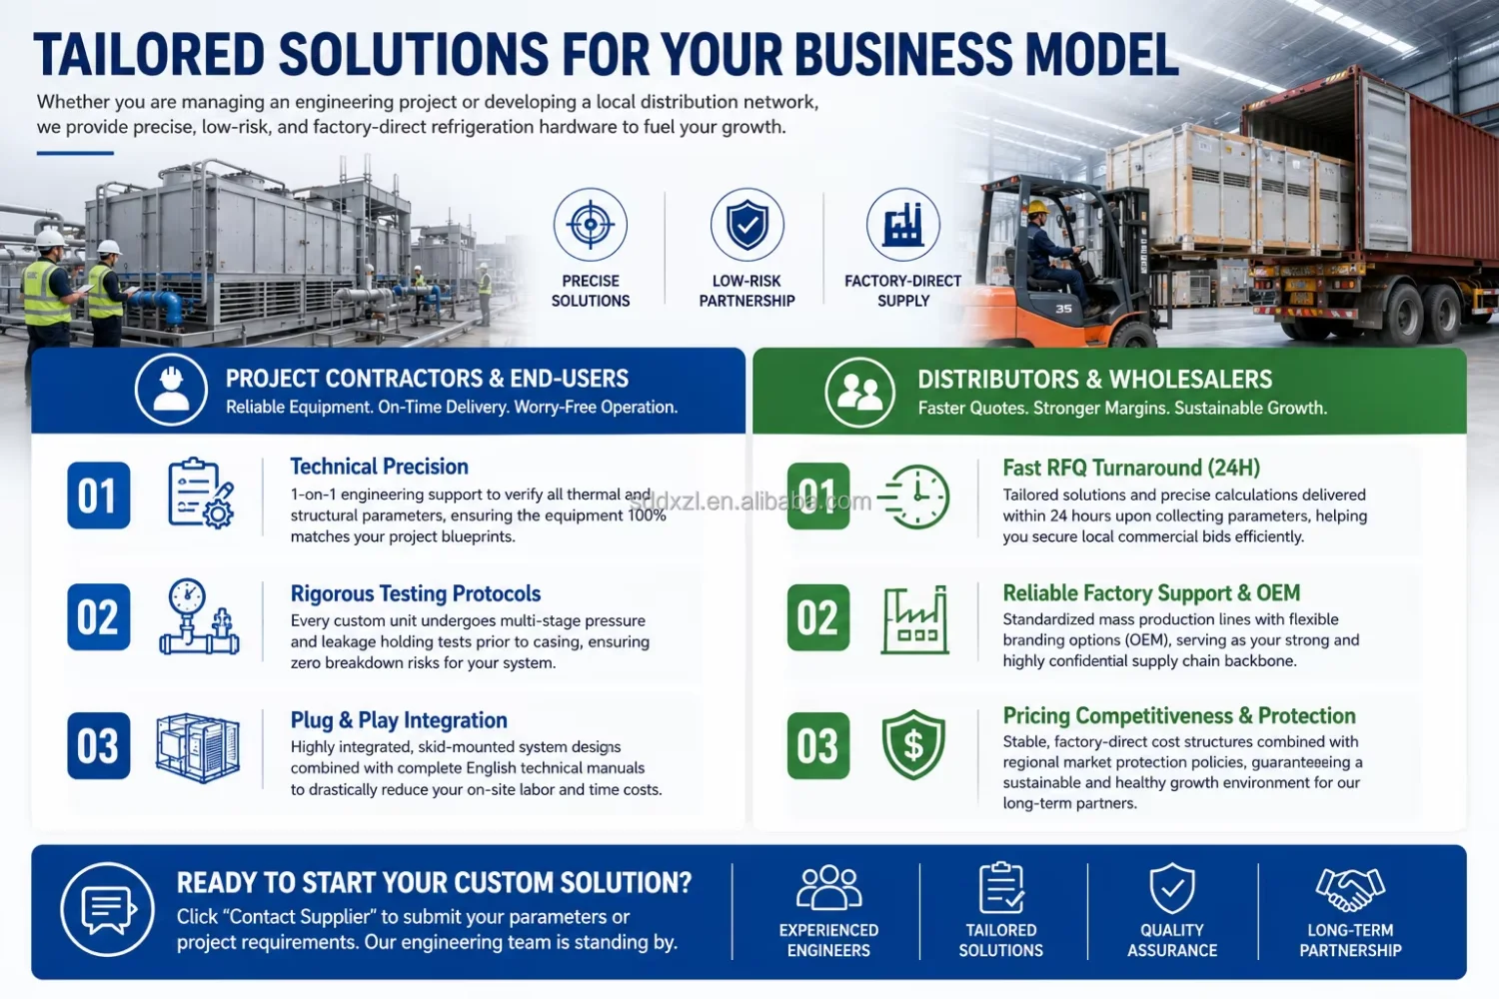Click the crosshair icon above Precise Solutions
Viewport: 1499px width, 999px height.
click(591, 224)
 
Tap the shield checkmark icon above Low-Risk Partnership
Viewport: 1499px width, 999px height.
click(747, 224)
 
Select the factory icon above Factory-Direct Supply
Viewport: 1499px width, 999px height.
click(902, 224)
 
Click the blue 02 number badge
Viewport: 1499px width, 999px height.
click(98, 617)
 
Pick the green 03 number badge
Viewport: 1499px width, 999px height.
click(817, 745)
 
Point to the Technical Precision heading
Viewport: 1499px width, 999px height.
click(379, 467)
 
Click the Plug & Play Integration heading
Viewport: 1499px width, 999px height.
click(399, 720)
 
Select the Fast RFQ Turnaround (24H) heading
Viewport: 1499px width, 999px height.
click(1131, 468)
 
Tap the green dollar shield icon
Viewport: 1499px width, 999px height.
click(913, 745)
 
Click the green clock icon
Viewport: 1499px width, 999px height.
click(914, 497)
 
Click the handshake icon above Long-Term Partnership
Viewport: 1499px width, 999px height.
click(1350, 888)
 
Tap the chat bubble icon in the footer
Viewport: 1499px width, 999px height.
click(108, 910)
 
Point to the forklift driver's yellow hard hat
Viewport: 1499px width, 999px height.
click(1038, 207)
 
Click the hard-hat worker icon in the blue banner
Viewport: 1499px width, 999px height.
click(171, 389)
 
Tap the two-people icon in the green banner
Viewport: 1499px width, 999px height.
click(859, 392)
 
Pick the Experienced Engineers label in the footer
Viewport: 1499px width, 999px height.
click(828, 940)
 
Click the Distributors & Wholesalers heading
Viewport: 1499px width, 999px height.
click(1095, 380)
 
